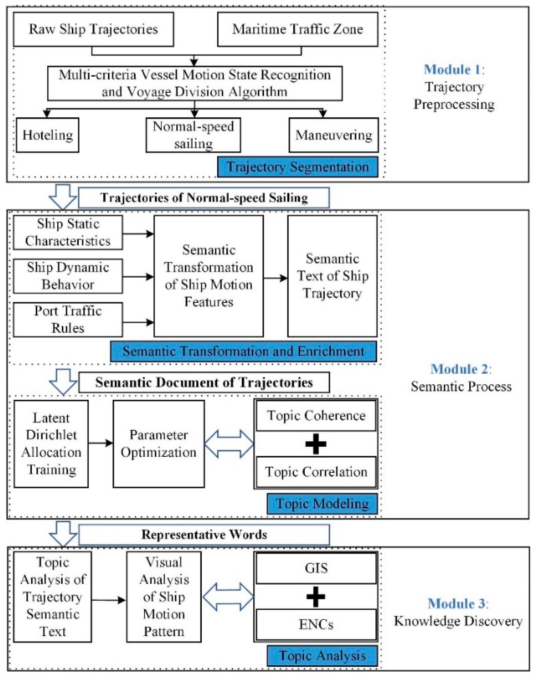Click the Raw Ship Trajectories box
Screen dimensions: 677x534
pos(93,29)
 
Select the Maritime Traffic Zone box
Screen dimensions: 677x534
pos(297,29)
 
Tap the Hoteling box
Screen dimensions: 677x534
pos(48,135)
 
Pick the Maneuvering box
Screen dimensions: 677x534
pos(333,135)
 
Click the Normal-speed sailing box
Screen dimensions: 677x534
pos(193,135)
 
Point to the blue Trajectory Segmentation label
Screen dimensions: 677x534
pos(297,167)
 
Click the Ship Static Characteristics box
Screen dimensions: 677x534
pos(68,233)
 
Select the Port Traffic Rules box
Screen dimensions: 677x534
pos(68,320)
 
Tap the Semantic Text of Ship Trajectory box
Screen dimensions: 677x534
pos(332,276)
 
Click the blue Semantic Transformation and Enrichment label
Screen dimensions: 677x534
pos(243,351)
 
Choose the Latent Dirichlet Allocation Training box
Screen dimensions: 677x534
pos(51,444)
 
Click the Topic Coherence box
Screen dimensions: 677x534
pos(316,416)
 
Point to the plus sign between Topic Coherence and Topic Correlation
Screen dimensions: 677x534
pos(316,444)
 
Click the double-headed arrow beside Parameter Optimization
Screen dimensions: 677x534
pos(229,444)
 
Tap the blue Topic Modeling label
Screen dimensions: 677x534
pos(322,504)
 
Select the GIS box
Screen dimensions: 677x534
pos(316,568)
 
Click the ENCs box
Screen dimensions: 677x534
pos(316,624)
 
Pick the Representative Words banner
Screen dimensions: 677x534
pos(204,535)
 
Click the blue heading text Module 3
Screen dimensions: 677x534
pos(456,603)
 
